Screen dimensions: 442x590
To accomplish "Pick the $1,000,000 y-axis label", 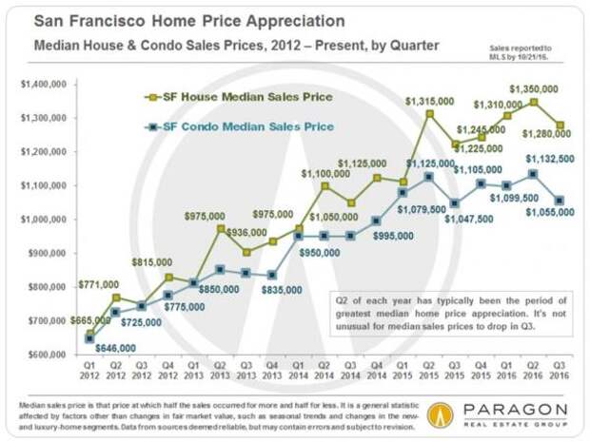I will click(x=41, y=220).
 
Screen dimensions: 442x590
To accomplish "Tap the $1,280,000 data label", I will click(x=548, y=144).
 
